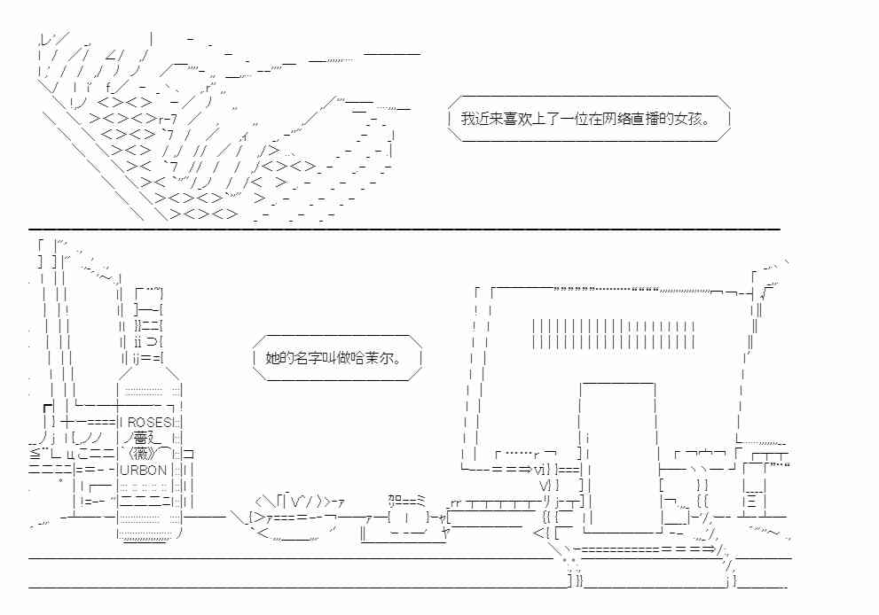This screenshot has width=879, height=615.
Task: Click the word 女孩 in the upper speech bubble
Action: (687, 119)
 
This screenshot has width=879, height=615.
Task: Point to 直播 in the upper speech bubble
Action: (645, 119)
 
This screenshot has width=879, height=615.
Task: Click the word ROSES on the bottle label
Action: (147, 423)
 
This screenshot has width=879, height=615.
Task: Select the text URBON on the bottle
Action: (144, 470)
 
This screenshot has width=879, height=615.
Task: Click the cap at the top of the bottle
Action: (148, 292)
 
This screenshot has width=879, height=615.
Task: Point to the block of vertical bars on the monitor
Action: (613, 334)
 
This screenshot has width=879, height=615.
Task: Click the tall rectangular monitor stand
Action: (618, 457)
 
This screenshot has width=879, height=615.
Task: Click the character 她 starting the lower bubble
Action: (272, 359)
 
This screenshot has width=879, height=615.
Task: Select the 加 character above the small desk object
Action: (395, 499)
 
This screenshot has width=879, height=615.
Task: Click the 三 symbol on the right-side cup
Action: (752, 500)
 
